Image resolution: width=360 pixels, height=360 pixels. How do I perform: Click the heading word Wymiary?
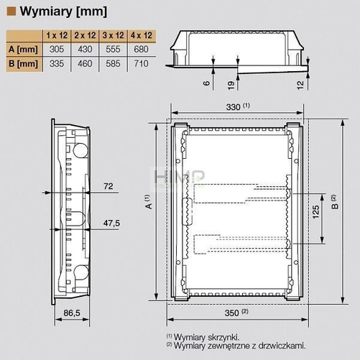point(45,10)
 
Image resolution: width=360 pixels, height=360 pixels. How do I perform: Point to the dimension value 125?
point(315,213)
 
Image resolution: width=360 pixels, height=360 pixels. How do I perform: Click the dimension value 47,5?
point(110,222)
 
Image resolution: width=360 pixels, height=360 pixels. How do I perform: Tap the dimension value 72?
point(109,186)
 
